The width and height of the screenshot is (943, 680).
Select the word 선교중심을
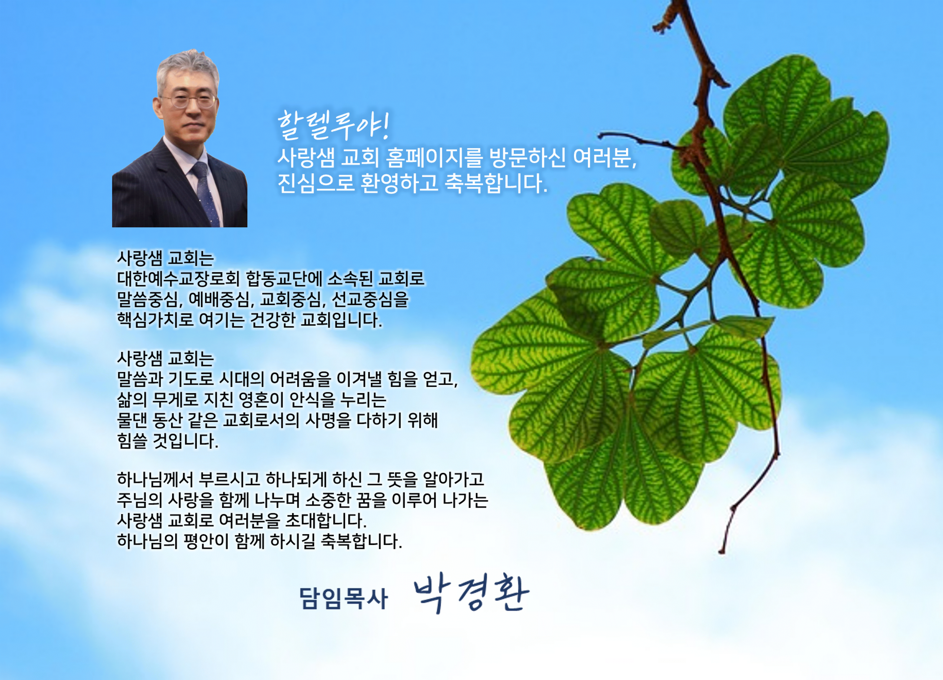tap(370, 299)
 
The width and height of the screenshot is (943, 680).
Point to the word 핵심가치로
tap(155, 320)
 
